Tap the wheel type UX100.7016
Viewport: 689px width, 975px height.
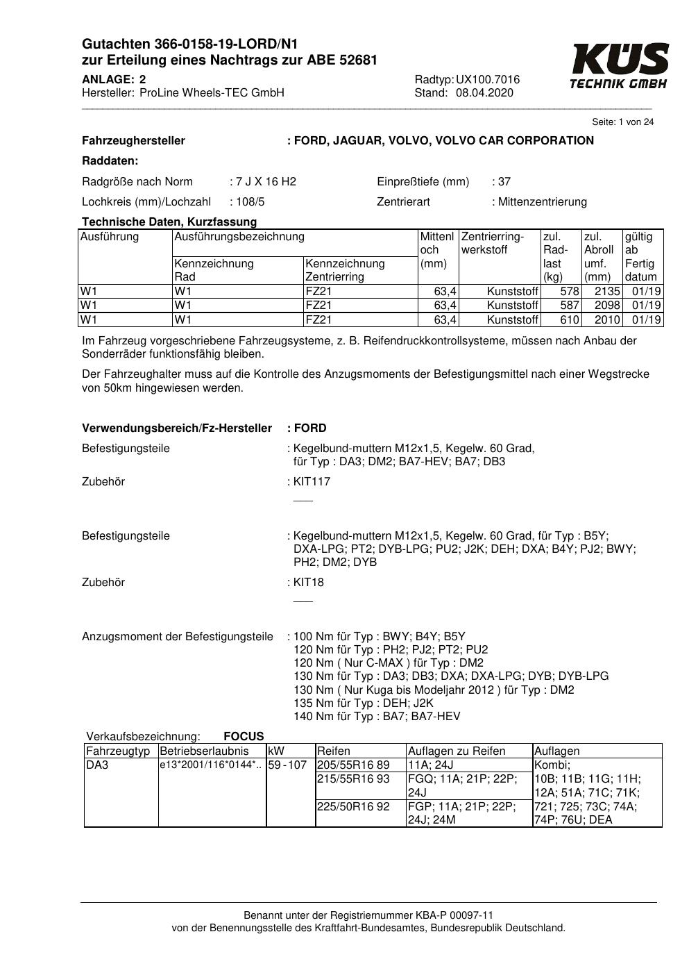pyautogui.click(x=488, y=80)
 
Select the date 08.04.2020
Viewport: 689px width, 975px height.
pyautogui.click(x=484, y=93)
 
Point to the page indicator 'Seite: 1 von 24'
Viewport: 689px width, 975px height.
pyautogui.click(x=622, y=122)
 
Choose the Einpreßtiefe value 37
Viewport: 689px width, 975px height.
pyautogui.click(x=504, y=182)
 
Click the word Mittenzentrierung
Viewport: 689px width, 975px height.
pyautogui.click(x=542, y=202)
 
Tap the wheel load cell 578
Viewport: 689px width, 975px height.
pyautogui.click(x=569, y=292)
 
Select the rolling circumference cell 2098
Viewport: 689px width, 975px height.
pyautogui.click(x=607, y=306)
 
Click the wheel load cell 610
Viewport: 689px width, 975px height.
pyautogui.click(x=569, y=320)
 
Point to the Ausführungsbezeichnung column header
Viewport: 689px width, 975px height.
pyautogui.click(x=239, y=237)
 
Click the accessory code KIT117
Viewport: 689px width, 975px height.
pyautogui.click(x=312, y=482)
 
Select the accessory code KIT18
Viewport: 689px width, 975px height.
pyautogui.click(x=309, y=583)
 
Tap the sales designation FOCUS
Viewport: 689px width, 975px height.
pyautogui.click(x=244, y=737)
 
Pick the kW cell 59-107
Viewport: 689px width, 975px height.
pyautogui.click(x=287, y=765)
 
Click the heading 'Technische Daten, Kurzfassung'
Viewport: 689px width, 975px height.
pyautogui.click(x=169, y=222)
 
